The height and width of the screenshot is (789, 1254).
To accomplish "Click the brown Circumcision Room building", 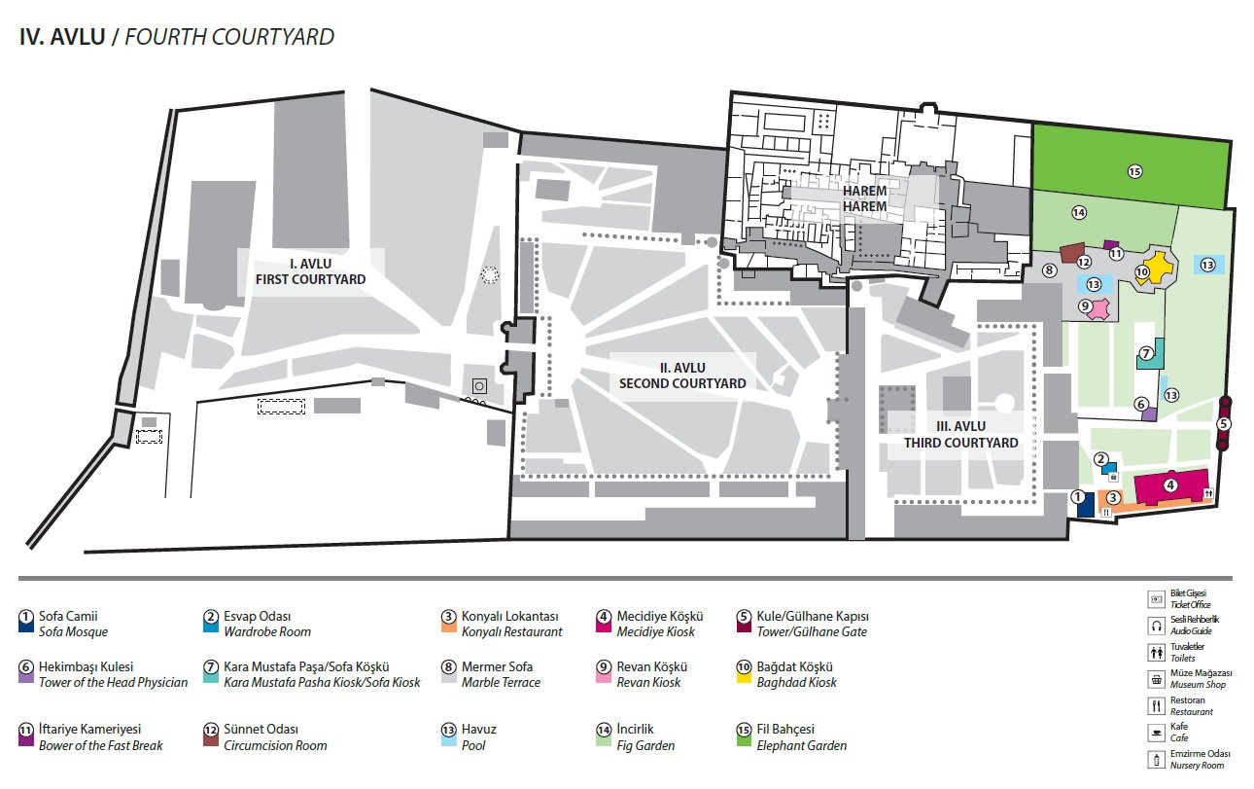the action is tap(1071, 254).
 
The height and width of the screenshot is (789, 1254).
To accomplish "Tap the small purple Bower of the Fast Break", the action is tap(1111, 244).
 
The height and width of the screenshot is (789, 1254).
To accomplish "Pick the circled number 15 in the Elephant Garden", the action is tap(1133, 171).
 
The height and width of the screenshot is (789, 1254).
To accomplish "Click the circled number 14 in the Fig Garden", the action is tap(1078, 212).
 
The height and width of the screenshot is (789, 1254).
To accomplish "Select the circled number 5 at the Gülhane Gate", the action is tap(1224, 423).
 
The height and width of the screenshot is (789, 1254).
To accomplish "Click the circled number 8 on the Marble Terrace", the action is tap(1049, 270).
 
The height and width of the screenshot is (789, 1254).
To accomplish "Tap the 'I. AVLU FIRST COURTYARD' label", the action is tap(310, 271).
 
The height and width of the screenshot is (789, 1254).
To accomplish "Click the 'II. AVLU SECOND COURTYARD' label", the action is tap(682, 376).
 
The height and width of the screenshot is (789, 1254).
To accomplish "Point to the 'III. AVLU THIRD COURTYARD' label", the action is tap(960, 434).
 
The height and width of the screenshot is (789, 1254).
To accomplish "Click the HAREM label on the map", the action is tap(864, 198).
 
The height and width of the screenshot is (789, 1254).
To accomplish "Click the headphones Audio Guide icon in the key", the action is tap(1156, 626).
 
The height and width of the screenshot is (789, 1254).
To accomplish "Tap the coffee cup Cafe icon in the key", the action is tap(1156, 731).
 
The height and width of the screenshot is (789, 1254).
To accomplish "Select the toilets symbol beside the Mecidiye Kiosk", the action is tap(1208, 493).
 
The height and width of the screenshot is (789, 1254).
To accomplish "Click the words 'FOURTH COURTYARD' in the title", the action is tap(229, 37).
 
